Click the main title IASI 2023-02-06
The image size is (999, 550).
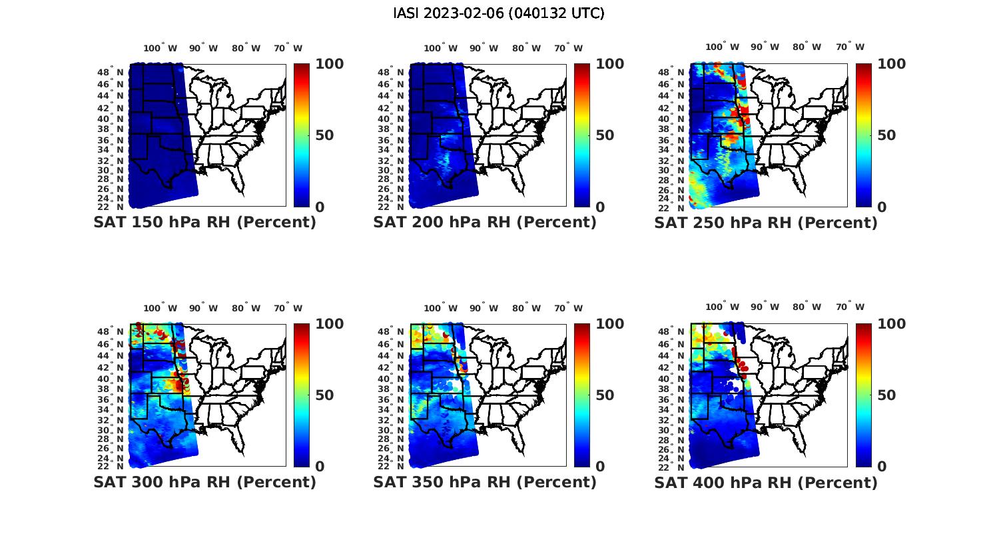(x=499, y=13)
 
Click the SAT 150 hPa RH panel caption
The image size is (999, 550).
(x=204, y=223)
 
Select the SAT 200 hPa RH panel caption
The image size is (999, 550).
(x=485, y=223)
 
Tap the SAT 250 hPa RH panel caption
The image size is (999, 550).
(x=766, y=223)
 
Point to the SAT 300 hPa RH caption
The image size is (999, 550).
(x=204, y=482)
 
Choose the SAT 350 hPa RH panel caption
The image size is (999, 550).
(x=485, y=482)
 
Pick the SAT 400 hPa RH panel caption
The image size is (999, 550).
(x=766, y=482)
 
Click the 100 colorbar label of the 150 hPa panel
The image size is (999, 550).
(x=329, y=64)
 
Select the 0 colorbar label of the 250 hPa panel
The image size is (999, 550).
(x=882, y=207)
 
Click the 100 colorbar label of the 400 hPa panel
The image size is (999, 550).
(x=892, y=324)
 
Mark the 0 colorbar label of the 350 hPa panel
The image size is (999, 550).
(x=600, y=467)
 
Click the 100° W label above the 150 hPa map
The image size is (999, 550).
(x=160, y=48)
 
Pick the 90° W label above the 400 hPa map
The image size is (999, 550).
(x=767, y=307)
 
